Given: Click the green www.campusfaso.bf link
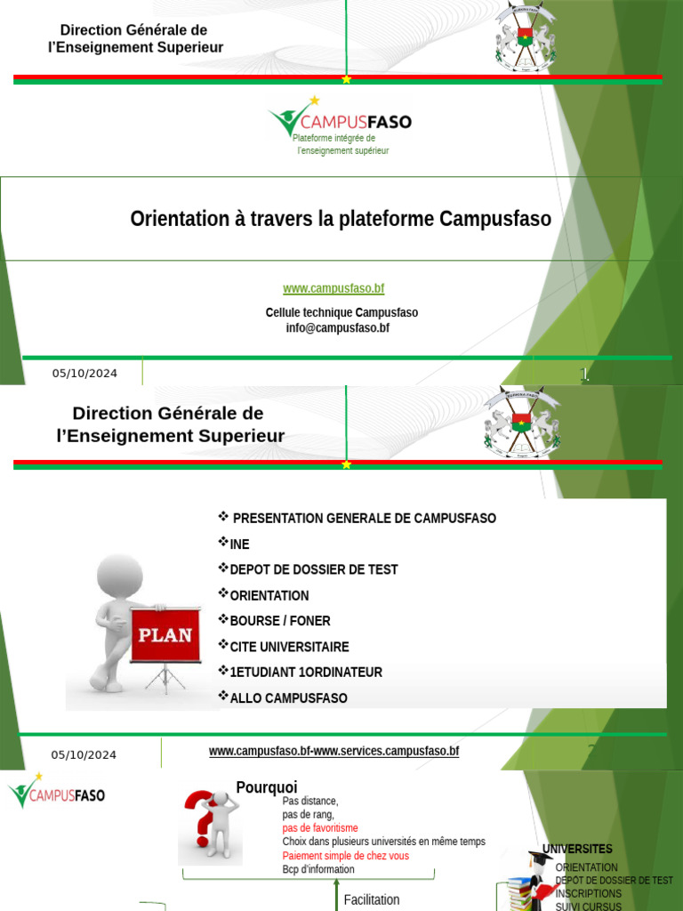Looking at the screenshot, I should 333,288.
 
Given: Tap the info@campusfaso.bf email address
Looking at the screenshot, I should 337,327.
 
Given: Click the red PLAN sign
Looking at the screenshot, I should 164,634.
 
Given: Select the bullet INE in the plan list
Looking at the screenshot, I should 239,544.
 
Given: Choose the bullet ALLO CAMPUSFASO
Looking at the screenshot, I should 288,697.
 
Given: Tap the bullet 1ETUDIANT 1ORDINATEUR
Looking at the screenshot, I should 305,672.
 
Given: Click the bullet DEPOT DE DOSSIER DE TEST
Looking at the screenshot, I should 313,569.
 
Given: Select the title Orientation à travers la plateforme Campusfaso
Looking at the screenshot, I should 341,219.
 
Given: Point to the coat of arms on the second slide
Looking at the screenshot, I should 522,422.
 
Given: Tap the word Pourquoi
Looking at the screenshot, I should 267,787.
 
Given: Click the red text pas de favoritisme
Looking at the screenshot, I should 320,827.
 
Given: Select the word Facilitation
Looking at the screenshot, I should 372,899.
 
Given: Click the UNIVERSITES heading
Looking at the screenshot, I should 577,849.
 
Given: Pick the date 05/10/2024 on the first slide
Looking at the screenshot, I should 84,374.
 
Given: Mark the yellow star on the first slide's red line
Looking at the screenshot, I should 346,79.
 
